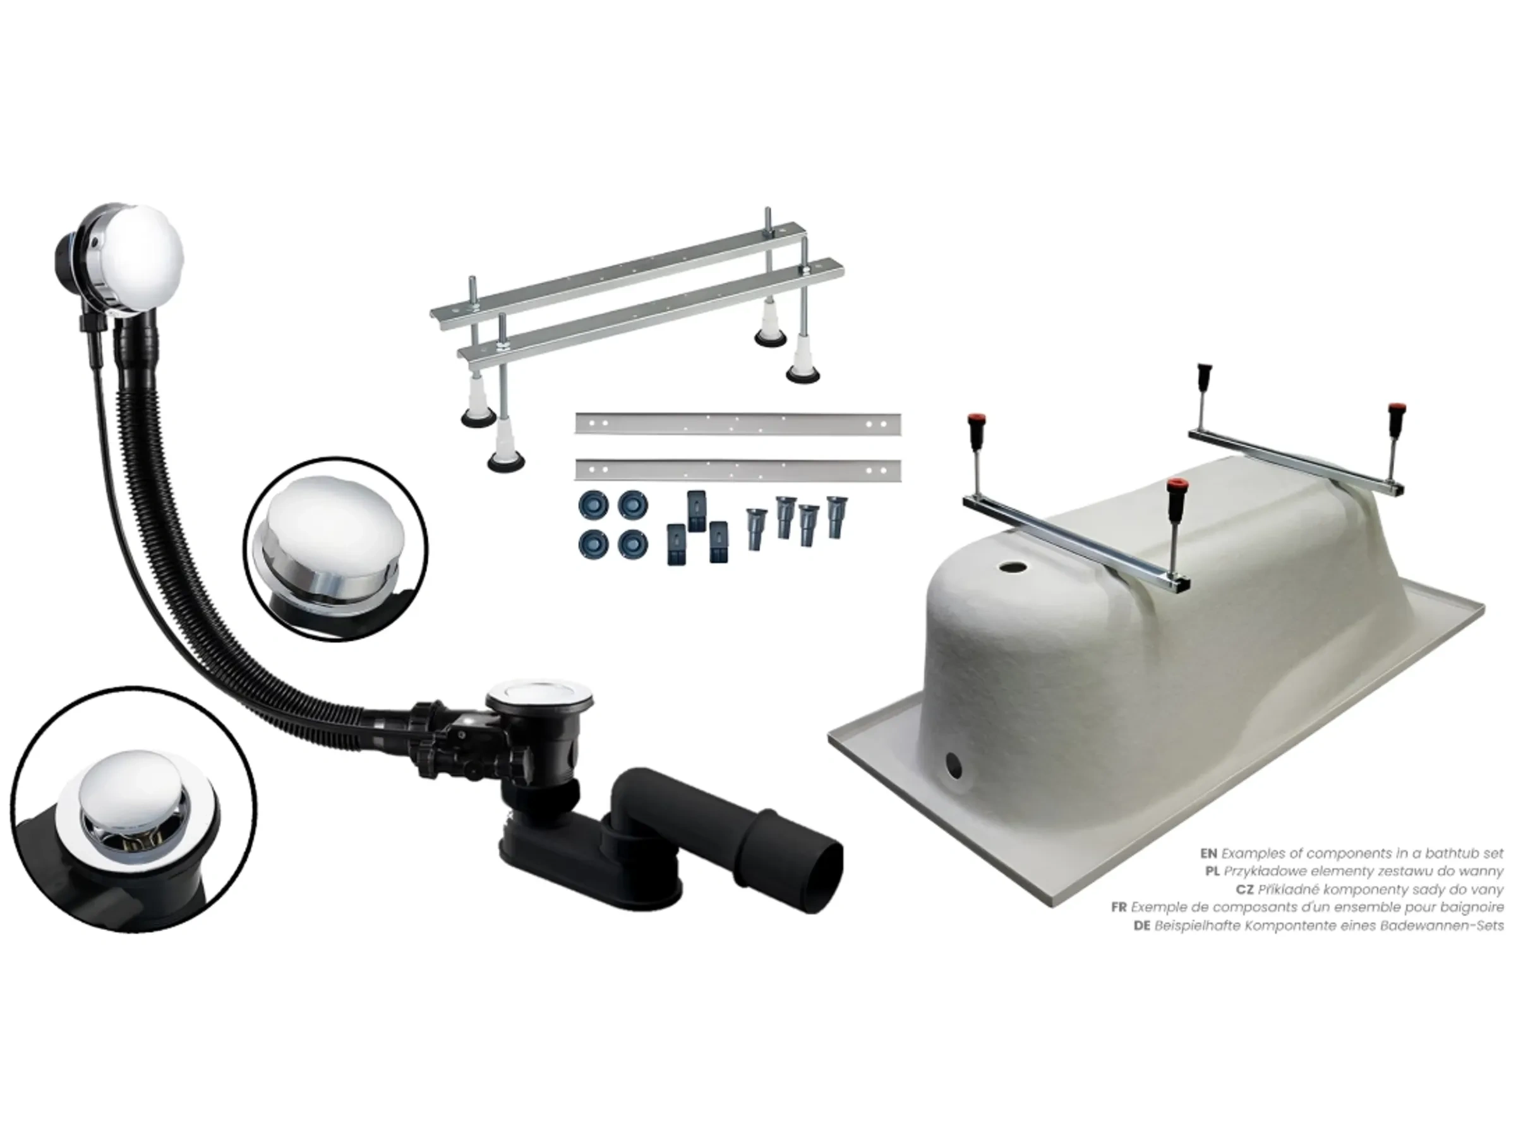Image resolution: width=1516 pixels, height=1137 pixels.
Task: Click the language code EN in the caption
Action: (1208, 853)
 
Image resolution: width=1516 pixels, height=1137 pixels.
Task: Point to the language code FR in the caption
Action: (1119, 906)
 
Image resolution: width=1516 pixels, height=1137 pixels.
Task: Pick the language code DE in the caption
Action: (1142, 925)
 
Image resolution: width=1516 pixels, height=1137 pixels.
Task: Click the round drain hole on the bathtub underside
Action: (1009, 567)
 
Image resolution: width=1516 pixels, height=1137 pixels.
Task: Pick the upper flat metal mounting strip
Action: (737, 424)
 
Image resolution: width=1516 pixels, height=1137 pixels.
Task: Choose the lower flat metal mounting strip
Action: (737, 470)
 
